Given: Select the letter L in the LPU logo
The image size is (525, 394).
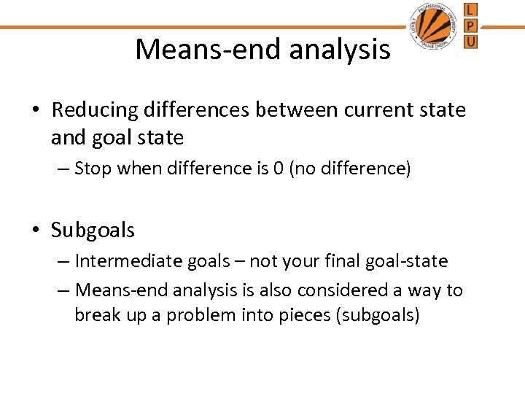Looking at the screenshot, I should (x=471, y=10).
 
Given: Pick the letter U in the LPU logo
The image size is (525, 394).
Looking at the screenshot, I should (x=471, y=42).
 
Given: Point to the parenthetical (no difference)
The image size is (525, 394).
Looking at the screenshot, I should (x=347, y=169).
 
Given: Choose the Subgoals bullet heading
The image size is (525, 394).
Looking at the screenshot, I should (x=93, y=231).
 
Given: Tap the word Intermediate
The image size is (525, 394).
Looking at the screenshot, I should (x=120, y=261).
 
